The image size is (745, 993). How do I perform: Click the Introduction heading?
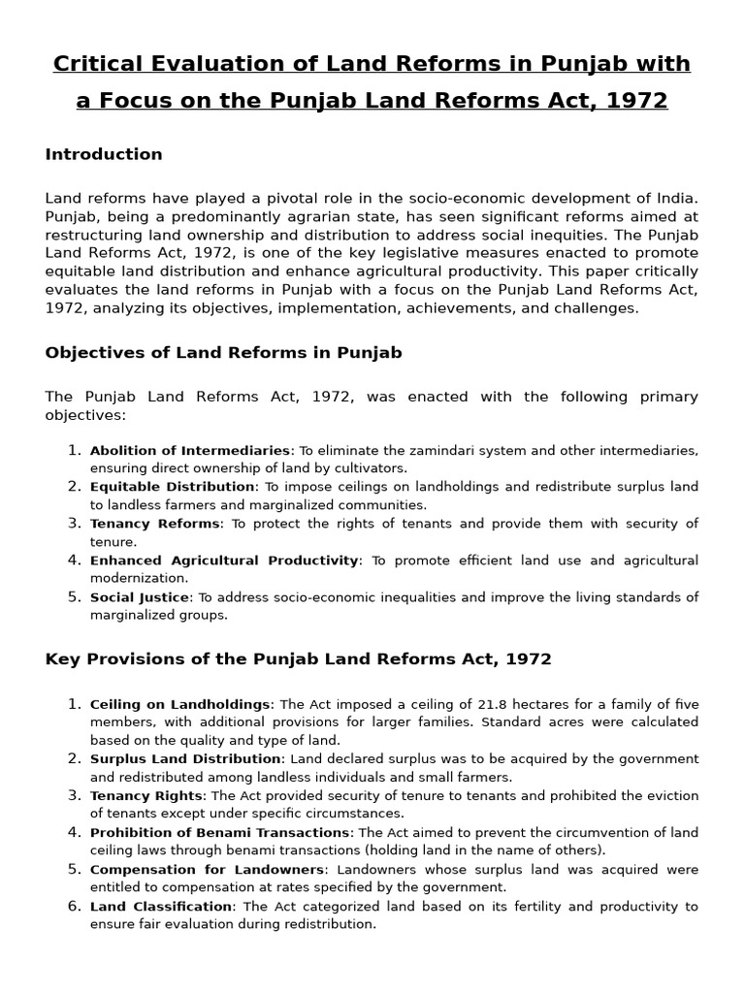tap(104, 154)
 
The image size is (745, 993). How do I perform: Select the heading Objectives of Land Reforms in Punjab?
tap(223, 353)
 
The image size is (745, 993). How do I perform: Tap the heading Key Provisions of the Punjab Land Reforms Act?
tap(298, 659)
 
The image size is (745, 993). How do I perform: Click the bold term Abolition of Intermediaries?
tap(190, 450)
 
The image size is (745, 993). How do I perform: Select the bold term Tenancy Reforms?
tap(155, 524)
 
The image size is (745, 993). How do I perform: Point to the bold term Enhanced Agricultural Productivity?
tap(224, 561)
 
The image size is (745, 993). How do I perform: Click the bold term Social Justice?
tap(139, 597)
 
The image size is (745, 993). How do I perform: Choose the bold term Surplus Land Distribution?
tap(185, 758)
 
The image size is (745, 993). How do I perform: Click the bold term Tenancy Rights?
tap(146, 795)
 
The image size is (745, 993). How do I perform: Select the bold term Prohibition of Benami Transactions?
tap(219, 832)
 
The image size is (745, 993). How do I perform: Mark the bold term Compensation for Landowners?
tap(207, 869)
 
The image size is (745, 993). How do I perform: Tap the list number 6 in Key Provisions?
tap(75, 906)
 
